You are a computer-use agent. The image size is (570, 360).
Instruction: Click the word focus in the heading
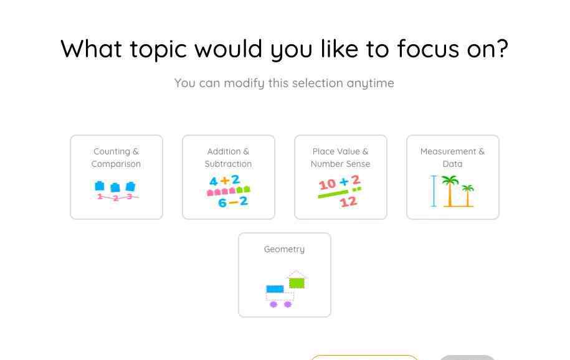pos(428,49)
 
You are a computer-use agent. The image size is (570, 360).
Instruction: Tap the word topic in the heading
pos(158,50)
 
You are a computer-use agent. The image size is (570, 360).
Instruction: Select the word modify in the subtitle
pos(244,83)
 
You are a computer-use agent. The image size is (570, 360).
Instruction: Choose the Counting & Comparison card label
pos(116,158)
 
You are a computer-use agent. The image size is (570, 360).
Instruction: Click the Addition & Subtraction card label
pos(228,158)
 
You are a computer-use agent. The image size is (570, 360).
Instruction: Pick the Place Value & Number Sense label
pos(340,158)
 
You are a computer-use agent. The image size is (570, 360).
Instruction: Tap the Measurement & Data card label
pos(452,158)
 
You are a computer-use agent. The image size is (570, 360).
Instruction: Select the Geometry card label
pos(284,249)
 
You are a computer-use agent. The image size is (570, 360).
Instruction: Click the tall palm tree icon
pos(450,191)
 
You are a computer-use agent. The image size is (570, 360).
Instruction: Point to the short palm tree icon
pos(467,196)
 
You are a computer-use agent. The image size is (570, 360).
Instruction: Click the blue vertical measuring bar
pos(434,191)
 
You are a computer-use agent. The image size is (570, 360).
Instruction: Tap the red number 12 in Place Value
pos(348,201)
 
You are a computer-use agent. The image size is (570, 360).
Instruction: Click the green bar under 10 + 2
pos(333,194)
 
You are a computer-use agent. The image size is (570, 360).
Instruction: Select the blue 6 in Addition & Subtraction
pos(222,203)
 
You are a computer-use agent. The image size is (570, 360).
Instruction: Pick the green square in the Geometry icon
pos(297,283)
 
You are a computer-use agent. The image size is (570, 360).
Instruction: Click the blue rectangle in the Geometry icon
pos(275,289)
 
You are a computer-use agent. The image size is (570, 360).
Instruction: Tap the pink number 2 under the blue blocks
pos(116,198)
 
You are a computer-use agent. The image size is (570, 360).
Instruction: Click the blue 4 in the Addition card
pos(214,181)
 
